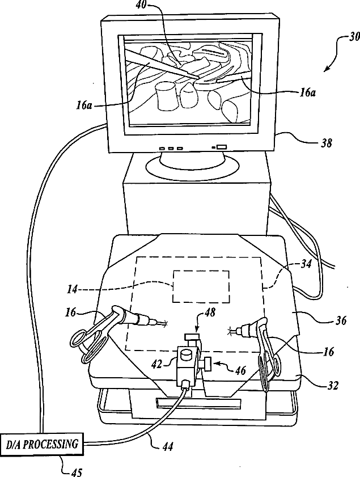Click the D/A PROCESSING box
pyautogui.click(x=43, y=444)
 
